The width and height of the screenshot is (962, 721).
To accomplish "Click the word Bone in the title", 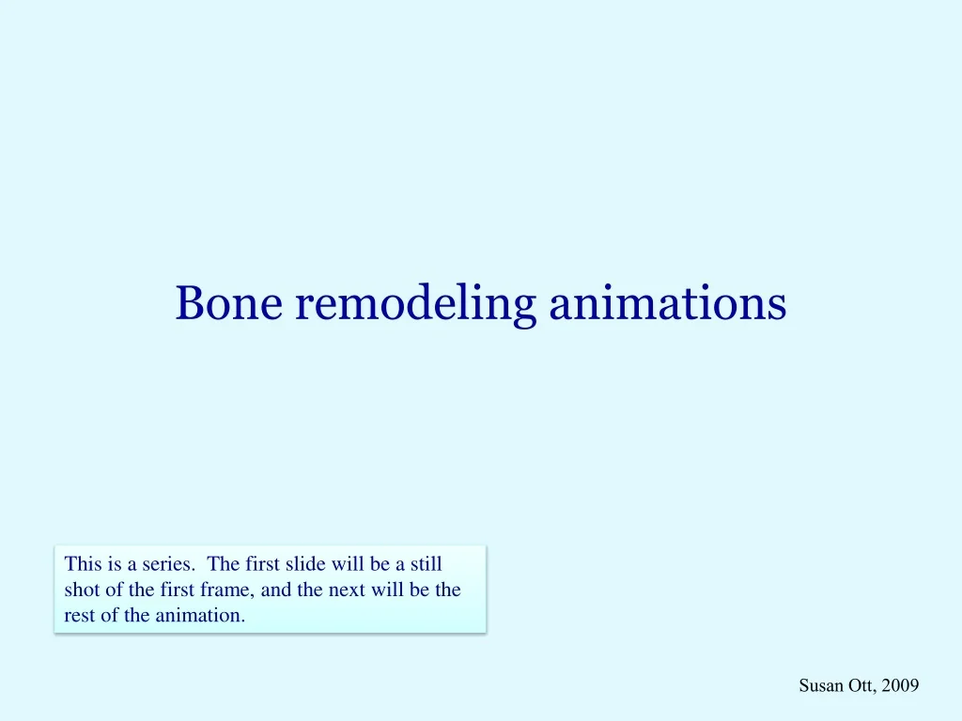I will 228,303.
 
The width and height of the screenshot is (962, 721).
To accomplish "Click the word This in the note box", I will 82,564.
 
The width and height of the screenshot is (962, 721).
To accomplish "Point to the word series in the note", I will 170,564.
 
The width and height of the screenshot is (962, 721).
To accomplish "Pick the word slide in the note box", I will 303,564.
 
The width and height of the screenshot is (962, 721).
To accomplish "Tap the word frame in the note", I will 225,591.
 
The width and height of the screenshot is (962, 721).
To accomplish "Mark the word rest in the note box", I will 77,616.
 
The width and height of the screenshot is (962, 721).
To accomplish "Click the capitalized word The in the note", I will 224,564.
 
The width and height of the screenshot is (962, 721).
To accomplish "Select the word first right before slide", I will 262,564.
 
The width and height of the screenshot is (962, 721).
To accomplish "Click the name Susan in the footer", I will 819,686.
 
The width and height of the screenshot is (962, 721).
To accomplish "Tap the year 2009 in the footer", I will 900,686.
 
